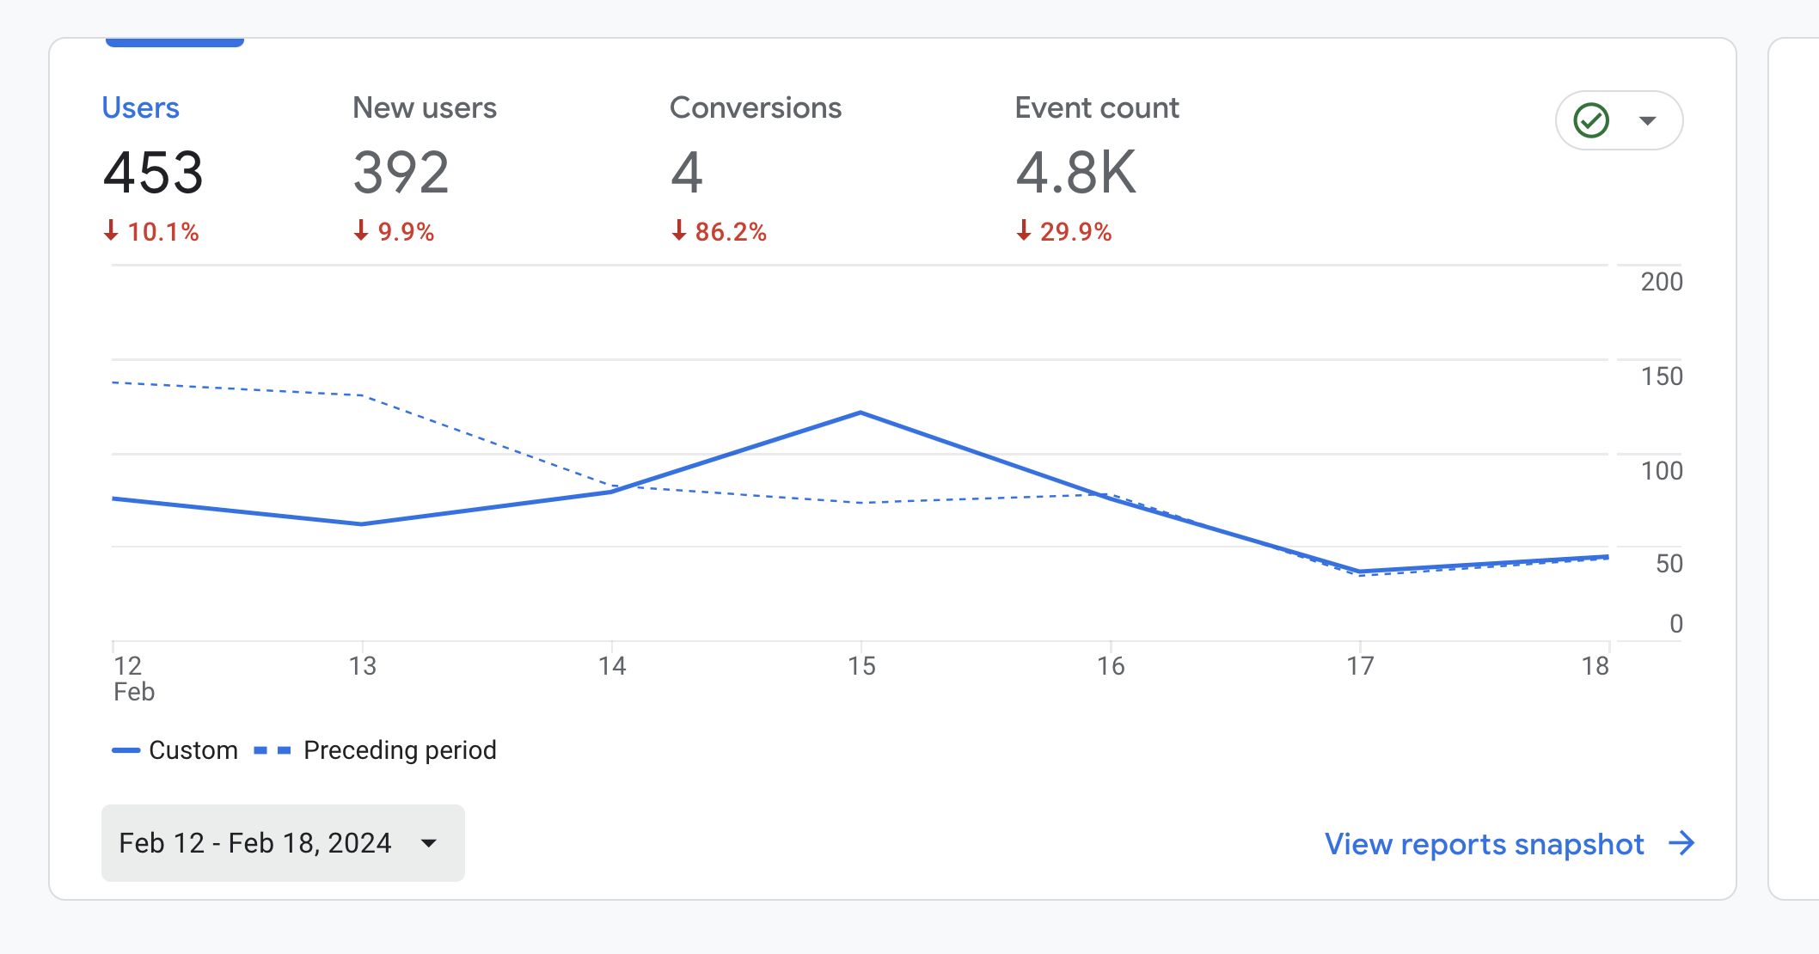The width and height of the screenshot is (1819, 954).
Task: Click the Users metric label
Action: [140, 108]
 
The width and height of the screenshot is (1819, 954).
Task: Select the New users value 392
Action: [401, 173]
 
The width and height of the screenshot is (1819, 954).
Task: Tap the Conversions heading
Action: [755, 108]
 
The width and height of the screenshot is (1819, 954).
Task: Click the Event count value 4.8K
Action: [1075, 173]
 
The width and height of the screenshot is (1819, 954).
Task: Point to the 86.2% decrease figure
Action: [729, 232]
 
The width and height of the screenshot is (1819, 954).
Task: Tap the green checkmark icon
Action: [1590, 120]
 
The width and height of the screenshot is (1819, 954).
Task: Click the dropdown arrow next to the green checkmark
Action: [1647, 120]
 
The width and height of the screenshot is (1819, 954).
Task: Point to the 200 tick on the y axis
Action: [1661, 282]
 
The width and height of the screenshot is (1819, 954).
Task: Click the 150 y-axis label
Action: [1661, 376]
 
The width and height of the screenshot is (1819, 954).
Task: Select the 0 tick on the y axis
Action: [1675, 624]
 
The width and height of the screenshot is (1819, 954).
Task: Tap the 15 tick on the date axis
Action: [861, 666]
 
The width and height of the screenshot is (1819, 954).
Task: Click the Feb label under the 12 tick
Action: [134, 692]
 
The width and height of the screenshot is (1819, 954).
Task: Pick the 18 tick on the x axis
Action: [1595, 666]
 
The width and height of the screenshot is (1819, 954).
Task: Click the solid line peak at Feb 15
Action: [861, 413]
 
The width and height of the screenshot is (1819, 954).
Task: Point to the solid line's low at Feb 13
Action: [362, 523]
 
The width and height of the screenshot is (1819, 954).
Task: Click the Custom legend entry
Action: [176, 750]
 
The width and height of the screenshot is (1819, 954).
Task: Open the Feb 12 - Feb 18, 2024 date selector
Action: [283, 843]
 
